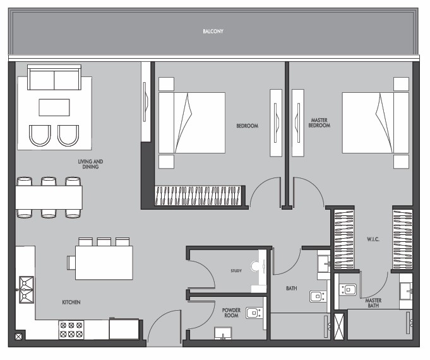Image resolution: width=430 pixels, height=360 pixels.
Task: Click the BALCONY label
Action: (213, 32)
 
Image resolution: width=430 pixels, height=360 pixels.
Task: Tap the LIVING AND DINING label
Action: (90, 164)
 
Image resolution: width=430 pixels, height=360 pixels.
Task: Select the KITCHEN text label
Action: (71, 302)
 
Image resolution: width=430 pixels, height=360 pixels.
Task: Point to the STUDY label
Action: (236, 271)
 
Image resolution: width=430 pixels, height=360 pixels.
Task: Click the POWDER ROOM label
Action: (231, 313)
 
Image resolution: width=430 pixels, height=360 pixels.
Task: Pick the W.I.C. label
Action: (373, 239)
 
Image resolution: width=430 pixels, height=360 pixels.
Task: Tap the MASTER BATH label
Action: (373, 303)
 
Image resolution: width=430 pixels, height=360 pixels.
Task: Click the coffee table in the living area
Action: (54, 107)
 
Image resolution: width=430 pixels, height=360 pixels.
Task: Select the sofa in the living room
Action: (54, 78)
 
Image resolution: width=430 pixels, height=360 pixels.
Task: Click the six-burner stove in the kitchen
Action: (71, 330)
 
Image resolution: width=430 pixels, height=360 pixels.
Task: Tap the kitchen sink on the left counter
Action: (27, 290)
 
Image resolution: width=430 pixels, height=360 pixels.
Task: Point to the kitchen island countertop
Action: (104, 263)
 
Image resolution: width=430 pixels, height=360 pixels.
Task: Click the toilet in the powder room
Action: (254, 313)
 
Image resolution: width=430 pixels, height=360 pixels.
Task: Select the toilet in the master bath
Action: (348, 289)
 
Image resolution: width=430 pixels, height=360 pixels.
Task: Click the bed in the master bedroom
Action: (376, 123)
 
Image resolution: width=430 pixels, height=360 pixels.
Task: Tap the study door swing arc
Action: (206, 268)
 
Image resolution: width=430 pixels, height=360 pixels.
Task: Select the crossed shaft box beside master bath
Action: (338, 327)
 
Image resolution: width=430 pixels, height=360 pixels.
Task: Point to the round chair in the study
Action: (254, 267)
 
